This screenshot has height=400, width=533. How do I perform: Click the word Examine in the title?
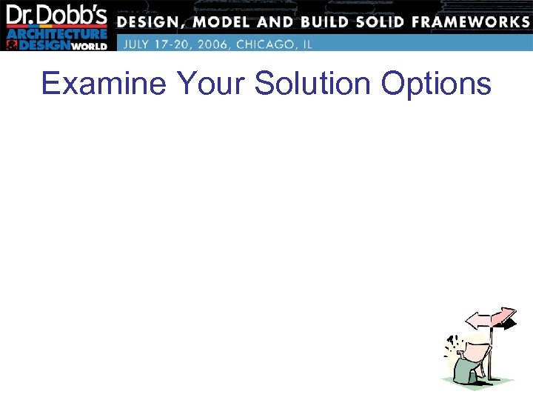tap(104, 84)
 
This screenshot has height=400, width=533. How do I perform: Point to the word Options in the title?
tap(436, 84)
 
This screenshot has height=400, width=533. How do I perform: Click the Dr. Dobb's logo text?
tap(58, 16)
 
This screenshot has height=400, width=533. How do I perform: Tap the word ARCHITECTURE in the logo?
tap(57, 34)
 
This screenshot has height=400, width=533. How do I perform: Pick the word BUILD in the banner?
tap(337, 21)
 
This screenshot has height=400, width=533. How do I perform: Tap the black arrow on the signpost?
tap(509, 324)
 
